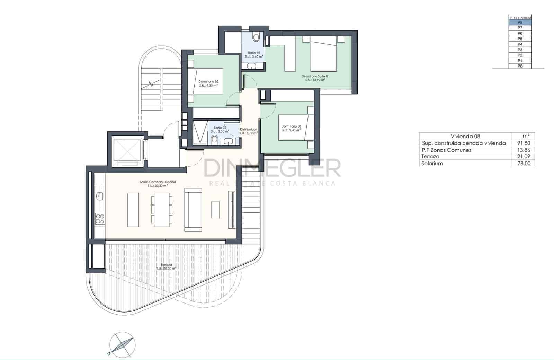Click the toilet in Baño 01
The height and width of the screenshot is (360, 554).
tap(256, 37)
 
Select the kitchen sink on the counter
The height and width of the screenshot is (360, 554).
tap(100, 196)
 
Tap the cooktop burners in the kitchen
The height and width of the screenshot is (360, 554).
tap(100, 219)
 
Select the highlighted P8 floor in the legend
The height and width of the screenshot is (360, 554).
tap(520, 22)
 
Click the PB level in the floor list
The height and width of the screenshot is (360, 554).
tap(520, 66)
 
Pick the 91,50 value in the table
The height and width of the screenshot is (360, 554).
tap(523, 143)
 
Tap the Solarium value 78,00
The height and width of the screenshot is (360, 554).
tap(523, 164)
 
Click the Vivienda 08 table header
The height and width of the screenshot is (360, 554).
tap(465, 136)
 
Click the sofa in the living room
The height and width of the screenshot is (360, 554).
tap(193, 210)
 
